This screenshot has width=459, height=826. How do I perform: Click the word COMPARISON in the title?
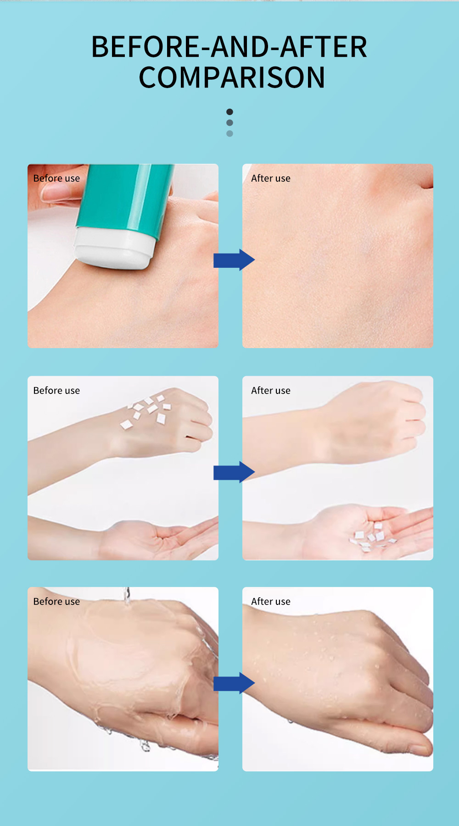tap(232, 77)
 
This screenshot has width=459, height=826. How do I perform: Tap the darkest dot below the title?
tap(229, 112)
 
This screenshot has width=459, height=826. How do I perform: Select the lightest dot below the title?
tap(229, 133)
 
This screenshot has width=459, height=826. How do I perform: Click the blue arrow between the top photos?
tap(234, 260)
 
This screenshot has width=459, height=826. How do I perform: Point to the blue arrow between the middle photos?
tap(234, 472)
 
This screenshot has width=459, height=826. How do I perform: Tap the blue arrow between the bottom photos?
tap(234, 683)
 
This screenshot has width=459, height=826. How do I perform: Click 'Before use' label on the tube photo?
tap(56, 178)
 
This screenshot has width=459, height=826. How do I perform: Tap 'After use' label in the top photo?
tap(270, 178)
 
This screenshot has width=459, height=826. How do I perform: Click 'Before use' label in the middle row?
tap(56, 391)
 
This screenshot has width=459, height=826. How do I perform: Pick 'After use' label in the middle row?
tap(270, 391)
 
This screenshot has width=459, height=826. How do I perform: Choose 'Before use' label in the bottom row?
tap(56, 602)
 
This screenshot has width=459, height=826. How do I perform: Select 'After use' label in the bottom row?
tap(270, 602)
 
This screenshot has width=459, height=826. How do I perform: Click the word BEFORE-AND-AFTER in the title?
tap(229, 47)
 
